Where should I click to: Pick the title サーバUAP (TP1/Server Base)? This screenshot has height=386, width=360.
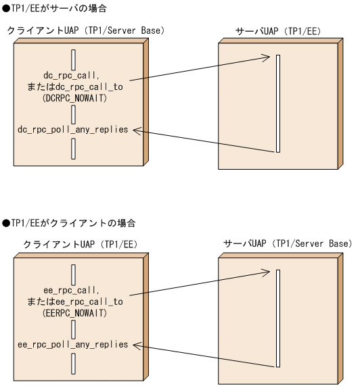[x=288, y=243]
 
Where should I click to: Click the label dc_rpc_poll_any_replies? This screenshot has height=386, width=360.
[x=72, y=128]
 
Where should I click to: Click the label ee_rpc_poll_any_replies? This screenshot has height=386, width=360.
[x=72, y=344]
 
